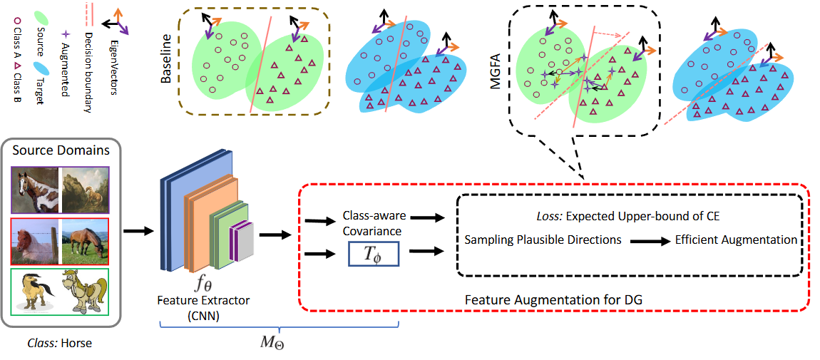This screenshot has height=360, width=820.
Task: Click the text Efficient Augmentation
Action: (736, 240)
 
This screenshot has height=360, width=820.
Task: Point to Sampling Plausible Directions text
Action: (542, 240)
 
